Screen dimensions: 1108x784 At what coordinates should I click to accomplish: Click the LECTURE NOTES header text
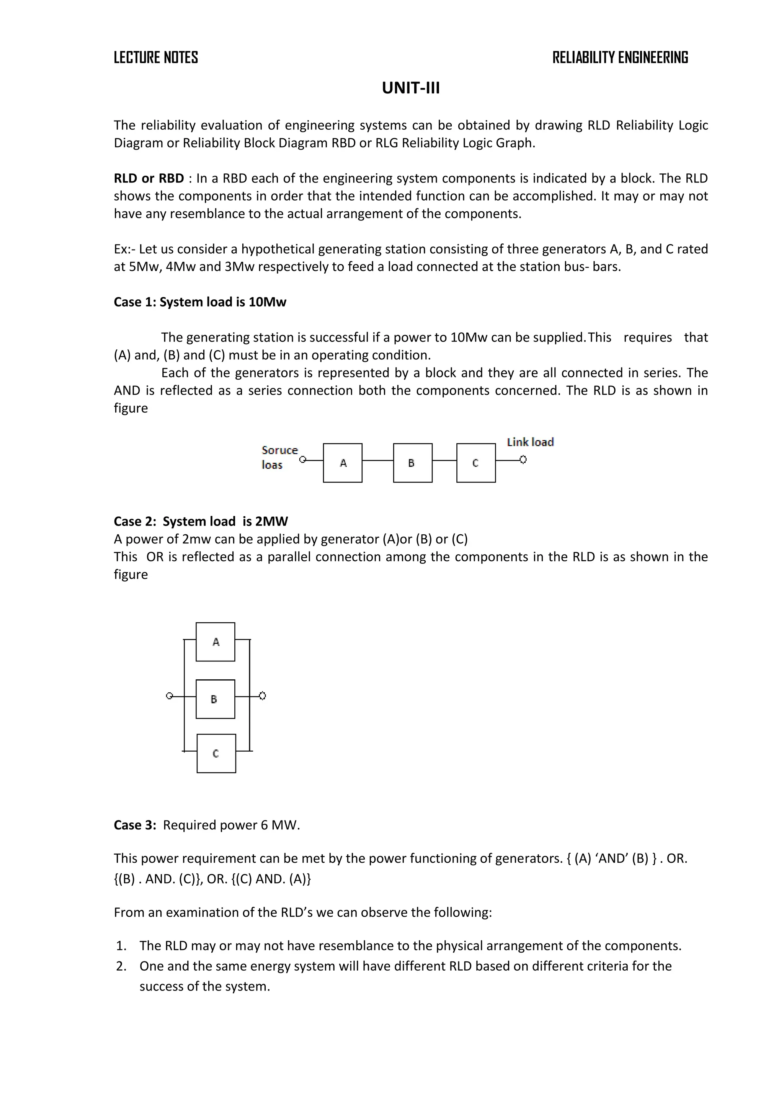point(155,57)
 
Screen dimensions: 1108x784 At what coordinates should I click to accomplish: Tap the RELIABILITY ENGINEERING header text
point(620,57)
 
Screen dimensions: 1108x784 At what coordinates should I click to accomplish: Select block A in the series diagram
point(343,463)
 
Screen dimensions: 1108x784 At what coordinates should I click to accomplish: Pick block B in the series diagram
point(412,463)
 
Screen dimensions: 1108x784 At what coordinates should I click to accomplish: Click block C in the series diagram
point(475,463)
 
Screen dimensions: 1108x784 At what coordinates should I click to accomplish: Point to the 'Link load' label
point(530,442)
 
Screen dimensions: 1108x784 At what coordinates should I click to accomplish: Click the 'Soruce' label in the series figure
point(279,450)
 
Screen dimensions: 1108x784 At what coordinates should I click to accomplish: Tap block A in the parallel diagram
point(215,642)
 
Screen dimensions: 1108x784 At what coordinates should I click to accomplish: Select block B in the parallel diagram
point(215,699)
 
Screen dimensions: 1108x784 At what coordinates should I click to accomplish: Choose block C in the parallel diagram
point(216,753)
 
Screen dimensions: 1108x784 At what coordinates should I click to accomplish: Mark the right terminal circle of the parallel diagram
point(263,696)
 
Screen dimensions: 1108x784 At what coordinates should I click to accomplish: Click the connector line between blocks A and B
point(377,460)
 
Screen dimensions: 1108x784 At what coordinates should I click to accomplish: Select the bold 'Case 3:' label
point(135,825)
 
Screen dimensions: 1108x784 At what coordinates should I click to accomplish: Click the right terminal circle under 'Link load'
point(523,460)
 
